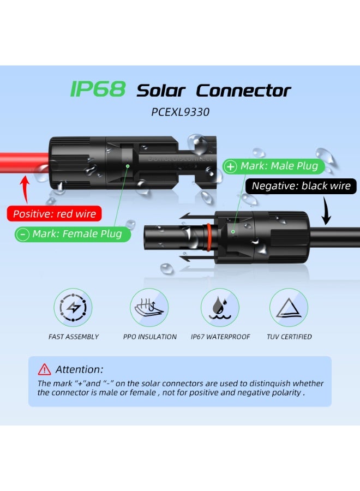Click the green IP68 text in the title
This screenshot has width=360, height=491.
pyautogui.click(x=98, y=88)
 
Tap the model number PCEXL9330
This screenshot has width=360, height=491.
pyautogui.click(x=181, y=112)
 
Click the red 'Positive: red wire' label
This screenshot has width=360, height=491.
pyautogui.click(x=54, y=213)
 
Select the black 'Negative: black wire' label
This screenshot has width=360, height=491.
pyautogui.click(x=301, y=186)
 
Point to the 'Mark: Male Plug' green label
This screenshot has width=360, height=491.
pyautogui.click(x=274, y=166)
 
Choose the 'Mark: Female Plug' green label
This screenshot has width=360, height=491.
pyautogui.click(x=73, y=234)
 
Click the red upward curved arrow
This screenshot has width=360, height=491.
pyautogui.click(x=25, y=189)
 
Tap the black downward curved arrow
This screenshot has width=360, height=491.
pyautogui.click(x=326, y=211)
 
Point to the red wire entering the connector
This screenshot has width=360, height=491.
pyautogui.click(x=24, y=163)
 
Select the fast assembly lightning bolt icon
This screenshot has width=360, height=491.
pyautogui.click(x=73, y=308)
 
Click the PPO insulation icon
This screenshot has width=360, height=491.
pyautogui.click(x=149, y=308)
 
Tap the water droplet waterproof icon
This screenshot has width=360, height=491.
pyautogui.click(x=220, y=308)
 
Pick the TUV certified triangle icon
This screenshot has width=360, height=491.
pyautogui.click(x=289, y=308)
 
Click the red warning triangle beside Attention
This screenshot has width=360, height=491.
pyautogui.click(x=44, y=369)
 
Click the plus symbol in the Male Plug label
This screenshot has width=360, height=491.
pyautogui.click(x=231, y=166)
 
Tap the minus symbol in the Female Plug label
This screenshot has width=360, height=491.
pyautogui.click(x=23, y=234)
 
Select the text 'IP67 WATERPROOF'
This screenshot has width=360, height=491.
pyautogui.click(x=220, y=337)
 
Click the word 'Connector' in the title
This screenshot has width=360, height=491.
pyautogui.click(x=244, y=91)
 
